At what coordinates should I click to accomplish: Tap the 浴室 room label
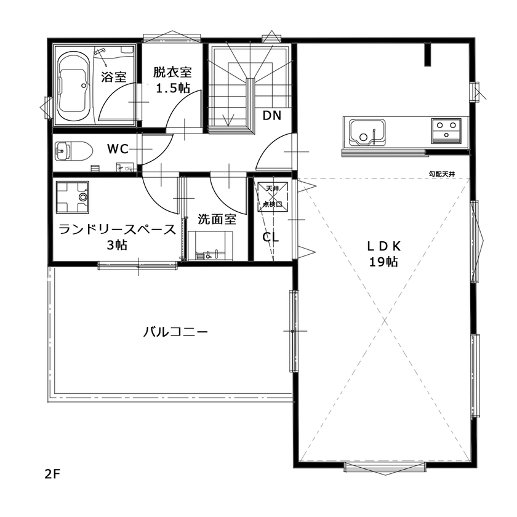pyautogui.click(x=114, y=77)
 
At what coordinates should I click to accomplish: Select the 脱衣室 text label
pyautogui.click(x=172, y=73)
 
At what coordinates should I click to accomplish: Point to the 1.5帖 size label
pyautogui.click(x=172, y=88)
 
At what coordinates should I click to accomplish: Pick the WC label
pyautogui.click(x=118, y=149)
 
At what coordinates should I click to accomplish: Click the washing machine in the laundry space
pyautogui.click(x=72, y=196)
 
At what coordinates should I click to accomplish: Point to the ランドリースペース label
pyautogui.click(x=117, y=230)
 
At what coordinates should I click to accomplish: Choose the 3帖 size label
pyautogui.click(x=117, y=245)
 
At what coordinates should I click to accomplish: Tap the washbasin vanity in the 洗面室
pyautogui.click(x=211, y=247)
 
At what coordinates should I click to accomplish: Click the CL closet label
pyautogui.click(x=270, y=237)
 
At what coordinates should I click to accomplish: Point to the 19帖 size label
pyautogui.click(x=383, y=262)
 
